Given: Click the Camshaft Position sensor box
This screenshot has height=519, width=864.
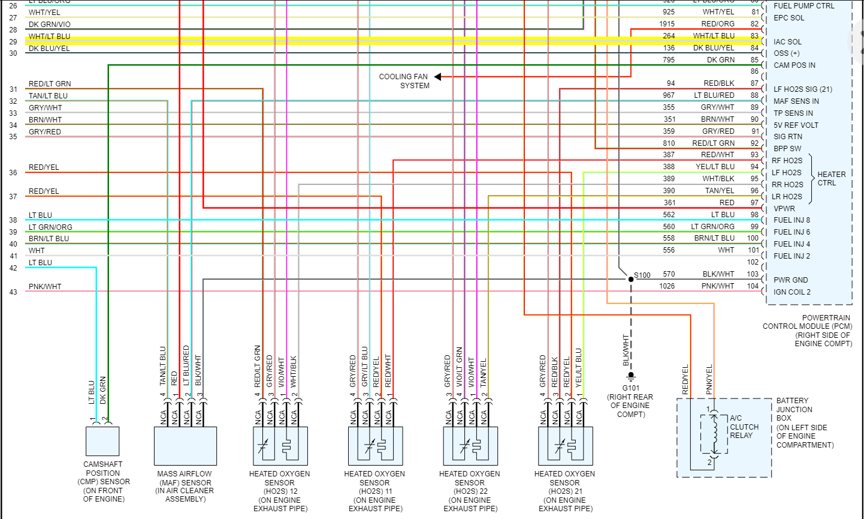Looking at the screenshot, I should coord(102,442).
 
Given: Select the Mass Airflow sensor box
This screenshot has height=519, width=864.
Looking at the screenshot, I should coord(185,446).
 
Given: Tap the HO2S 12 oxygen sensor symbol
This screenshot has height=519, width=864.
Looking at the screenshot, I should coord(280,446).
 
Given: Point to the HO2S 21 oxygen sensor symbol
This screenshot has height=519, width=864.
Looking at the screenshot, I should coord(565,446).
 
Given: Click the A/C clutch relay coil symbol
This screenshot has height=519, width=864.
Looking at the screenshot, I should coord(714,435).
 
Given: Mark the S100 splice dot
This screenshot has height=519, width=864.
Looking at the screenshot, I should coord(630,279).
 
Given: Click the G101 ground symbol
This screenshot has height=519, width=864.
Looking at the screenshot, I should coord(630,377).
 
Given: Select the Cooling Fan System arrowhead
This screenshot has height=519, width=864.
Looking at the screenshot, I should coord(438,77).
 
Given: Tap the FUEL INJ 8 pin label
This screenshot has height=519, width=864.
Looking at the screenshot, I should coord(792,220).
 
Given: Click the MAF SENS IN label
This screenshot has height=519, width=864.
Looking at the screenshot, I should coord(796,101).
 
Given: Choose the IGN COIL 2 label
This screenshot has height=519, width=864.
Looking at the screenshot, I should coord(792,292).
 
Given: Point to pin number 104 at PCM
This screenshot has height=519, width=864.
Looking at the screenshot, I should coord(753,286).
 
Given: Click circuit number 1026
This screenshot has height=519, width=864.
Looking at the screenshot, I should coord(667,286).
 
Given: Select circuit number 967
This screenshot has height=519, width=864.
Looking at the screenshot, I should coord(669,95).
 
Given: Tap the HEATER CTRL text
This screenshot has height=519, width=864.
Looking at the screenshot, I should coord(831,179).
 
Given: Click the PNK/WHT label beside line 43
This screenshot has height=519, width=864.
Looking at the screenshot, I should coord(45,287).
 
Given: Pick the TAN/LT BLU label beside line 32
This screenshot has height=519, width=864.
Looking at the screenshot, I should coord(48,96).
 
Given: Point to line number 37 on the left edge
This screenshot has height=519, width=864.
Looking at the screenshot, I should coord(13,197).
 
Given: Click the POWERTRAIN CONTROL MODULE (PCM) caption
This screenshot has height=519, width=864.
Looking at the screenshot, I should coord(807,331).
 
